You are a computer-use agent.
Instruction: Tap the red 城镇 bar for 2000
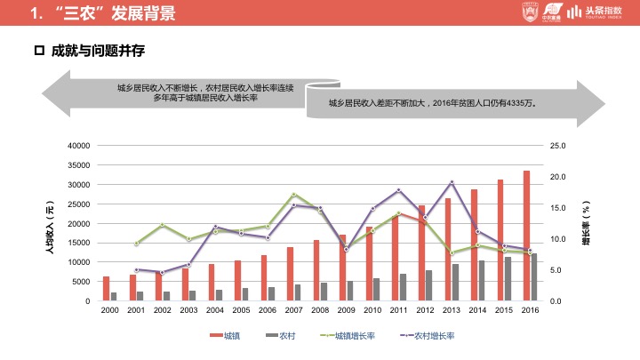coord(107,289)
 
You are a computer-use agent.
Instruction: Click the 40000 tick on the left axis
coord(78,145)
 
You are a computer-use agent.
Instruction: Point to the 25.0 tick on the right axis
coord(558,145)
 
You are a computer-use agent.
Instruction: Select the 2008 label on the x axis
coord(320,310)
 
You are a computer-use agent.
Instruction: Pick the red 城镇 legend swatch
coord(216,335)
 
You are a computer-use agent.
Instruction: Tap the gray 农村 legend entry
coord(279,335)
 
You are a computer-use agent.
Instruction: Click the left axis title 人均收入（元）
coord(50,228)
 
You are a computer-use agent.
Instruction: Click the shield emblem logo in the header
coord(527,12)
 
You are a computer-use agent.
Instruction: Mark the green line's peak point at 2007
coord(294,195)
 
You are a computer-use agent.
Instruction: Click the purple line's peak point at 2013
coord(452,182)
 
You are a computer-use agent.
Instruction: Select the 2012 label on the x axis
coord(425,310)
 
